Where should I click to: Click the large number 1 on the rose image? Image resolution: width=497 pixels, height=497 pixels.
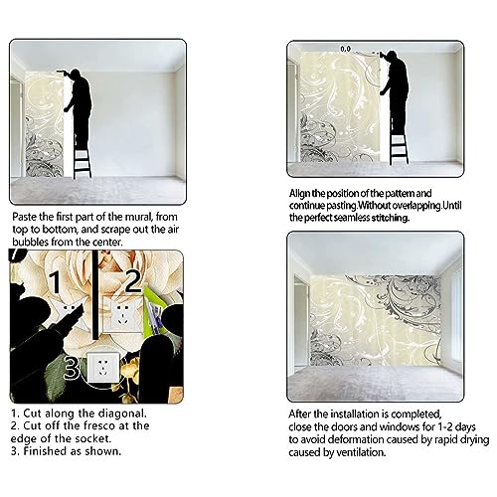[x=56, y=281]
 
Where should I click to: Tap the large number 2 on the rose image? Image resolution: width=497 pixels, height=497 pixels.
[x=133, y=281]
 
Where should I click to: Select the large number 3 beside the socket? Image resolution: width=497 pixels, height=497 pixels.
[x=72, y=368]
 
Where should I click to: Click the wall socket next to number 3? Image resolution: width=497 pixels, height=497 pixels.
[x=102, y=368]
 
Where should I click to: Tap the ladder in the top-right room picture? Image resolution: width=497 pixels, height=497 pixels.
[x=399, y=148]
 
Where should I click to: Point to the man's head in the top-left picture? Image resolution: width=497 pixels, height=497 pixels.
[x=76, y=75]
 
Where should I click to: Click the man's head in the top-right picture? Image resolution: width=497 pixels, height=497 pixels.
[x=392, y=57]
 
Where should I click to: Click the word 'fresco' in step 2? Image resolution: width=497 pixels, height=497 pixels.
[x=98, y=425]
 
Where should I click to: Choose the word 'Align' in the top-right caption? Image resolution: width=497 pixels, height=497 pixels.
[x=300, y=194]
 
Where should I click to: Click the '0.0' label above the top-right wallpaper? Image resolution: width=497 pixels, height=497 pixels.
[x=345, y=49]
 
